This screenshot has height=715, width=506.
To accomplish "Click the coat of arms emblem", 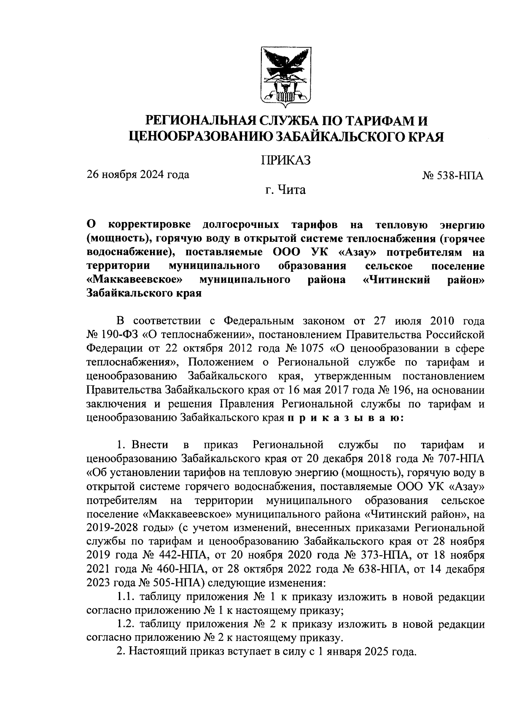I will [285, 77].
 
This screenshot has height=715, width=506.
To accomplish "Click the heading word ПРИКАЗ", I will [285, 161].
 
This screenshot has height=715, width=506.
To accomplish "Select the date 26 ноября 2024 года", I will [138, 174].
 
